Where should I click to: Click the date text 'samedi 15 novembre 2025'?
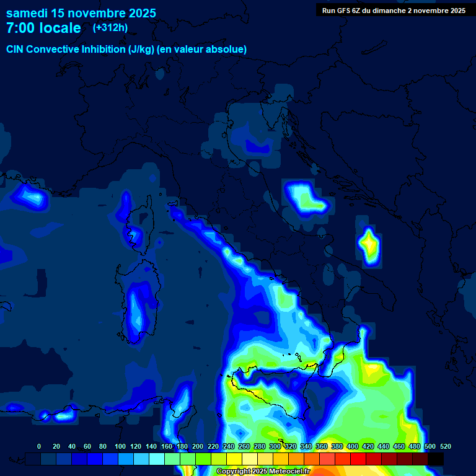[81, 13]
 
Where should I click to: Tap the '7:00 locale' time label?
[43, 28]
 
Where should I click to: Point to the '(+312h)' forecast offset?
[110, 28]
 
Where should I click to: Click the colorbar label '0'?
[39, 446]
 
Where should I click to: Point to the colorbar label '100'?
[120, 446]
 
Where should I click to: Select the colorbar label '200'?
[198, 446]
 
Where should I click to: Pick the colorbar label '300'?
[275, 446]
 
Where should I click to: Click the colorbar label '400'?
[353, 446]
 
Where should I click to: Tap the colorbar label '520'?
[445, 446]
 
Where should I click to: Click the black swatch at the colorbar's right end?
[436, 459]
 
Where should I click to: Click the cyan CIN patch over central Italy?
[305, 197]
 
